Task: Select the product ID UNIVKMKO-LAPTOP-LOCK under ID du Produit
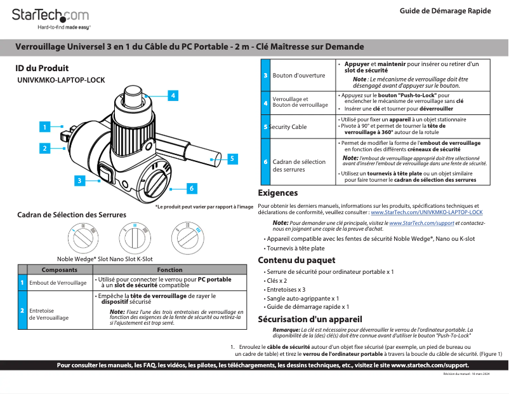[x=61, y=81]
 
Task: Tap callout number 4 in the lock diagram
[x=172, y=95]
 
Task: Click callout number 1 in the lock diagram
[x=44, y=126]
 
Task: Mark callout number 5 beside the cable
[x=231, y=158]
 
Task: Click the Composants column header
[x=60, y=270]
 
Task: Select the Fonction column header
[x=169, y=270]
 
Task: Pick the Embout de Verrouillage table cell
[x=58, y=282]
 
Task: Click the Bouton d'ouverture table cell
[x=298, y=75]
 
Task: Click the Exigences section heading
[x=277, y=193]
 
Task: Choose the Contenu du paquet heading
[x=296, y=261]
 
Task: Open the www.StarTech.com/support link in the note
[x=421, y=224]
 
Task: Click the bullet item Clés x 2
[x=277, y=280]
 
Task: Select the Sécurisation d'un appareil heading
[x=310, y=319]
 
